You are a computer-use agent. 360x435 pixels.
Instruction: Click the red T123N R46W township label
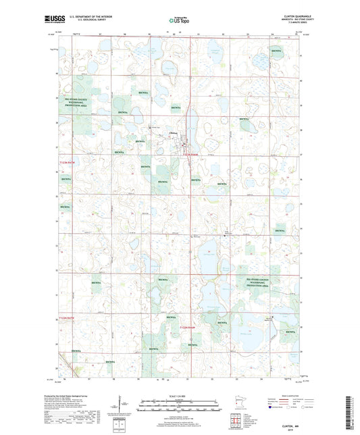click(194, 155)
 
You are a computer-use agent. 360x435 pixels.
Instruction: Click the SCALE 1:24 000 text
click(178, 395)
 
